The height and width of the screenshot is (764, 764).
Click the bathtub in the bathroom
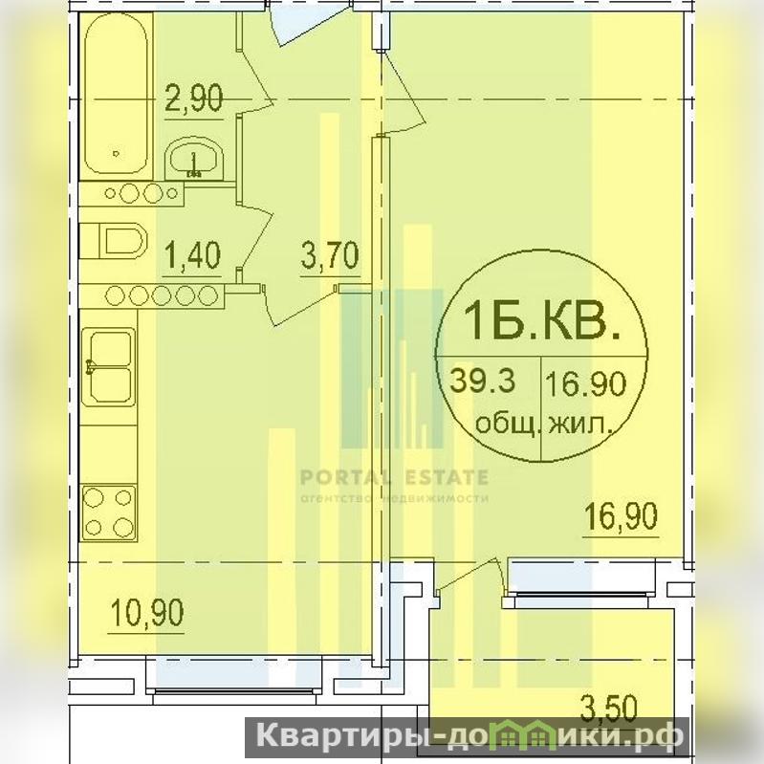[x=116, y=94]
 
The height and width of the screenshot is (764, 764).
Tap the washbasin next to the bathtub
[x=194, y=159]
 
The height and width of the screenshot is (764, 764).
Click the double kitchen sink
[x=108, y=367]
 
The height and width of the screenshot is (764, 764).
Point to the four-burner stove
[x=109, y=513]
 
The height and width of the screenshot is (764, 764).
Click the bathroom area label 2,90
[x=194, y=98]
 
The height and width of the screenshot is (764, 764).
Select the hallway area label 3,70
[x=330, y=255]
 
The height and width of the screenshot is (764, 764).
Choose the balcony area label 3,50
[x=609, y=708]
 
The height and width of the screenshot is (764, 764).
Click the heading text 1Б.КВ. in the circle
[x=542, y=320]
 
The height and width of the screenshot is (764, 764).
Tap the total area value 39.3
[x=482, y=380]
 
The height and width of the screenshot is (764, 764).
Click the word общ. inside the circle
[x=508, y=424]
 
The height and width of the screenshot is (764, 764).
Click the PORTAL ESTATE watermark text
[x=394, y=477]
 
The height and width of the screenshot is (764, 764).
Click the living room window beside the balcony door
[x=579, y=582]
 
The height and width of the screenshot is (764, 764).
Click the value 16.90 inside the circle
[x=585, y=383]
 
